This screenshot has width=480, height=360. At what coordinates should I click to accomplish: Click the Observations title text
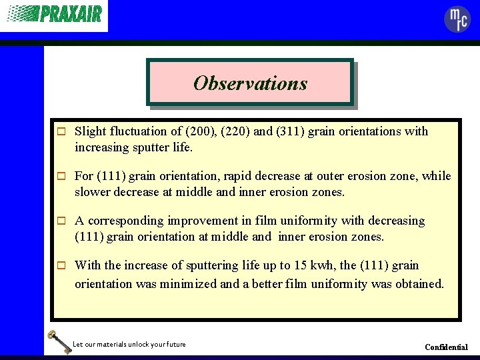point(250,83)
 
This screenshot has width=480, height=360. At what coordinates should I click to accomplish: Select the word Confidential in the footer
point(446,347)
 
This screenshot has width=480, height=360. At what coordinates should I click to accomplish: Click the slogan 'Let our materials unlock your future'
point(129,344)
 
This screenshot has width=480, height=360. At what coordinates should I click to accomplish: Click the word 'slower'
point(92,192)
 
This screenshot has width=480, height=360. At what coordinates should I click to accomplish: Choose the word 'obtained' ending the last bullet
point(419,284)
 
